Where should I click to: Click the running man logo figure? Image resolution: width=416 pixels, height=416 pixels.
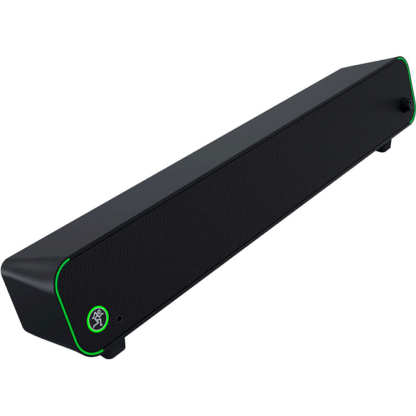click(97, 317)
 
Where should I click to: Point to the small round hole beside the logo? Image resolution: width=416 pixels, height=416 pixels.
click(119, 317)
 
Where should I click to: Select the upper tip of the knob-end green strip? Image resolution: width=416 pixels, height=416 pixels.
click(400, 58)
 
